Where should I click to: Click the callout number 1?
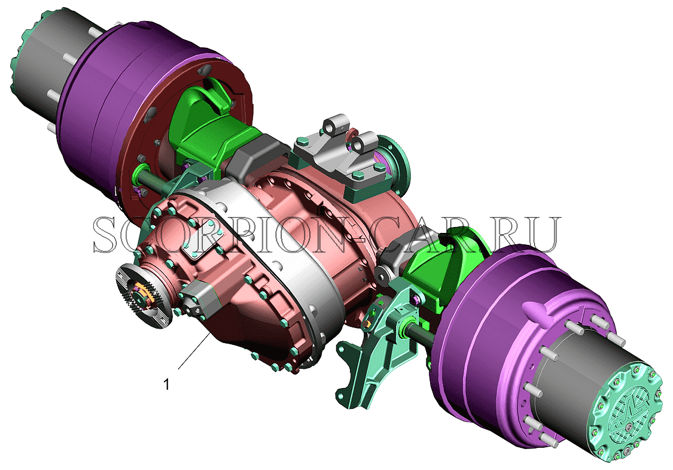pos(167,384)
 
